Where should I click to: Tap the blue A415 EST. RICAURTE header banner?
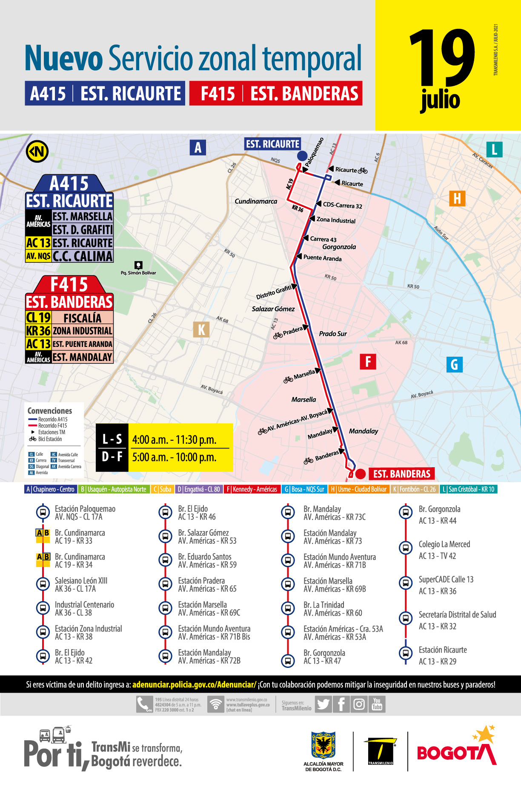(x=105, y=93)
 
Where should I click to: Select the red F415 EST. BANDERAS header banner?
(x=276, y=93)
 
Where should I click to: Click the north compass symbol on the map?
(x=37, y=151)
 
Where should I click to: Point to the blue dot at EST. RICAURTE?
(x=302, y=156)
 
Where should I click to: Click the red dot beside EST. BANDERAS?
(x=361, y=474)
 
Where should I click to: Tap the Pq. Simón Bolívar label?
(x=138, y=273)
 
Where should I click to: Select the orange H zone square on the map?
(x=457, y=199)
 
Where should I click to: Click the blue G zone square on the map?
(x=454, y=364)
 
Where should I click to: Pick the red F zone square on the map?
(x=368, y=362)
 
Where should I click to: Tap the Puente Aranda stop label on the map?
(x=322, y=258)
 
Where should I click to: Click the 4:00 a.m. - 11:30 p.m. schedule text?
(x=174, y=440)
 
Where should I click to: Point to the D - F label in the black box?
(x=112, y=457)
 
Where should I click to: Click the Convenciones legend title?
(x=50, y=411)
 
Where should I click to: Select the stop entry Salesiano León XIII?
(x=81, y=585)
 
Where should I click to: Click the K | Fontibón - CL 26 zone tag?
(x=414, y=489)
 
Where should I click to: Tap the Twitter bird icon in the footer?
(x=323, y=704)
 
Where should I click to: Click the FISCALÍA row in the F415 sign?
(x=82, y=318)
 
